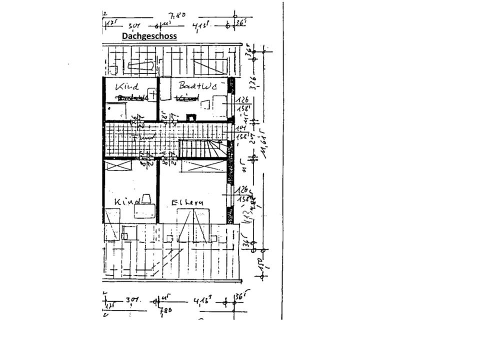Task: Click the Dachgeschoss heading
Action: click(149, 36)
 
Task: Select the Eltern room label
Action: click(187, 202)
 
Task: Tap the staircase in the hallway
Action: click(202, 148)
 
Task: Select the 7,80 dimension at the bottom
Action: click(165, 310)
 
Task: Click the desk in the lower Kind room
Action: click(144, 211)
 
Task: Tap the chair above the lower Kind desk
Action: click(147, 198)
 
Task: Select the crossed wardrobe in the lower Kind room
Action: click(118, 165)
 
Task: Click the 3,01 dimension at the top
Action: click(133, 25)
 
